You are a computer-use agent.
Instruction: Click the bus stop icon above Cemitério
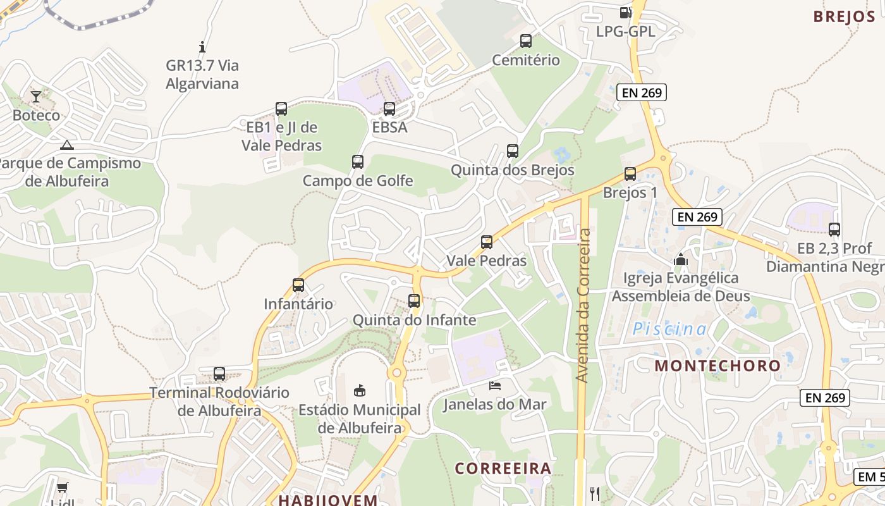(x=525, y=41)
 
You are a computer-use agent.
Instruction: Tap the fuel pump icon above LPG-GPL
(x=625, y=12)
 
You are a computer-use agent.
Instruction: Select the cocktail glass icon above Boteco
(x=36, y=96)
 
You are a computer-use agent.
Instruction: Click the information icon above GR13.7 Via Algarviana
(x=202, y=46)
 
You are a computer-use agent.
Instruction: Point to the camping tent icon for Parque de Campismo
(x=66, y=145)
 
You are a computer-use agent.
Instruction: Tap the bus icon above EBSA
(x=389, y=108)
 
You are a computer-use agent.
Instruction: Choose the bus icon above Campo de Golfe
(x=358, y=162)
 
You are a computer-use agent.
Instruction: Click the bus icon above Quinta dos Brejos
(x=513, y=151)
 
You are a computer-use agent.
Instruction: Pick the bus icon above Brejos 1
(x=630, y=174)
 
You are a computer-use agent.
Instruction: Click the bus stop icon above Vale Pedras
(x=487, y=242)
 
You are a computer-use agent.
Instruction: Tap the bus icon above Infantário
(x=298, y=285)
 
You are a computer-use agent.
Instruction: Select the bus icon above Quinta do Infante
(x=414, y=301)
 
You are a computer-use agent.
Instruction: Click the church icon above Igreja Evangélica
(x=681, y=259)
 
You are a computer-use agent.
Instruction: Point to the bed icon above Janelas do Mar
(x=495, y=385)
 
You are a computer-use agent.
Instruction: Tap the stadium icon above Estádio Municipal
(x=360, y=391)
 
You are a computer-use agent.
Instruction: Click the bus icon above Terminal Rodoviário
(x=219, y=374)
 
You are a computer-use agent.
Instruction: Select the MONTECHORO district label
(x=717, y=366)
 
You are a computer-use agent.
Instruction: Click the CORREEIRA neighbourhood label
(x=503, y=469)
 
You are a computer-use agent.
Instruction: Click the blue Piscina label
(x=670, y=329)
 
